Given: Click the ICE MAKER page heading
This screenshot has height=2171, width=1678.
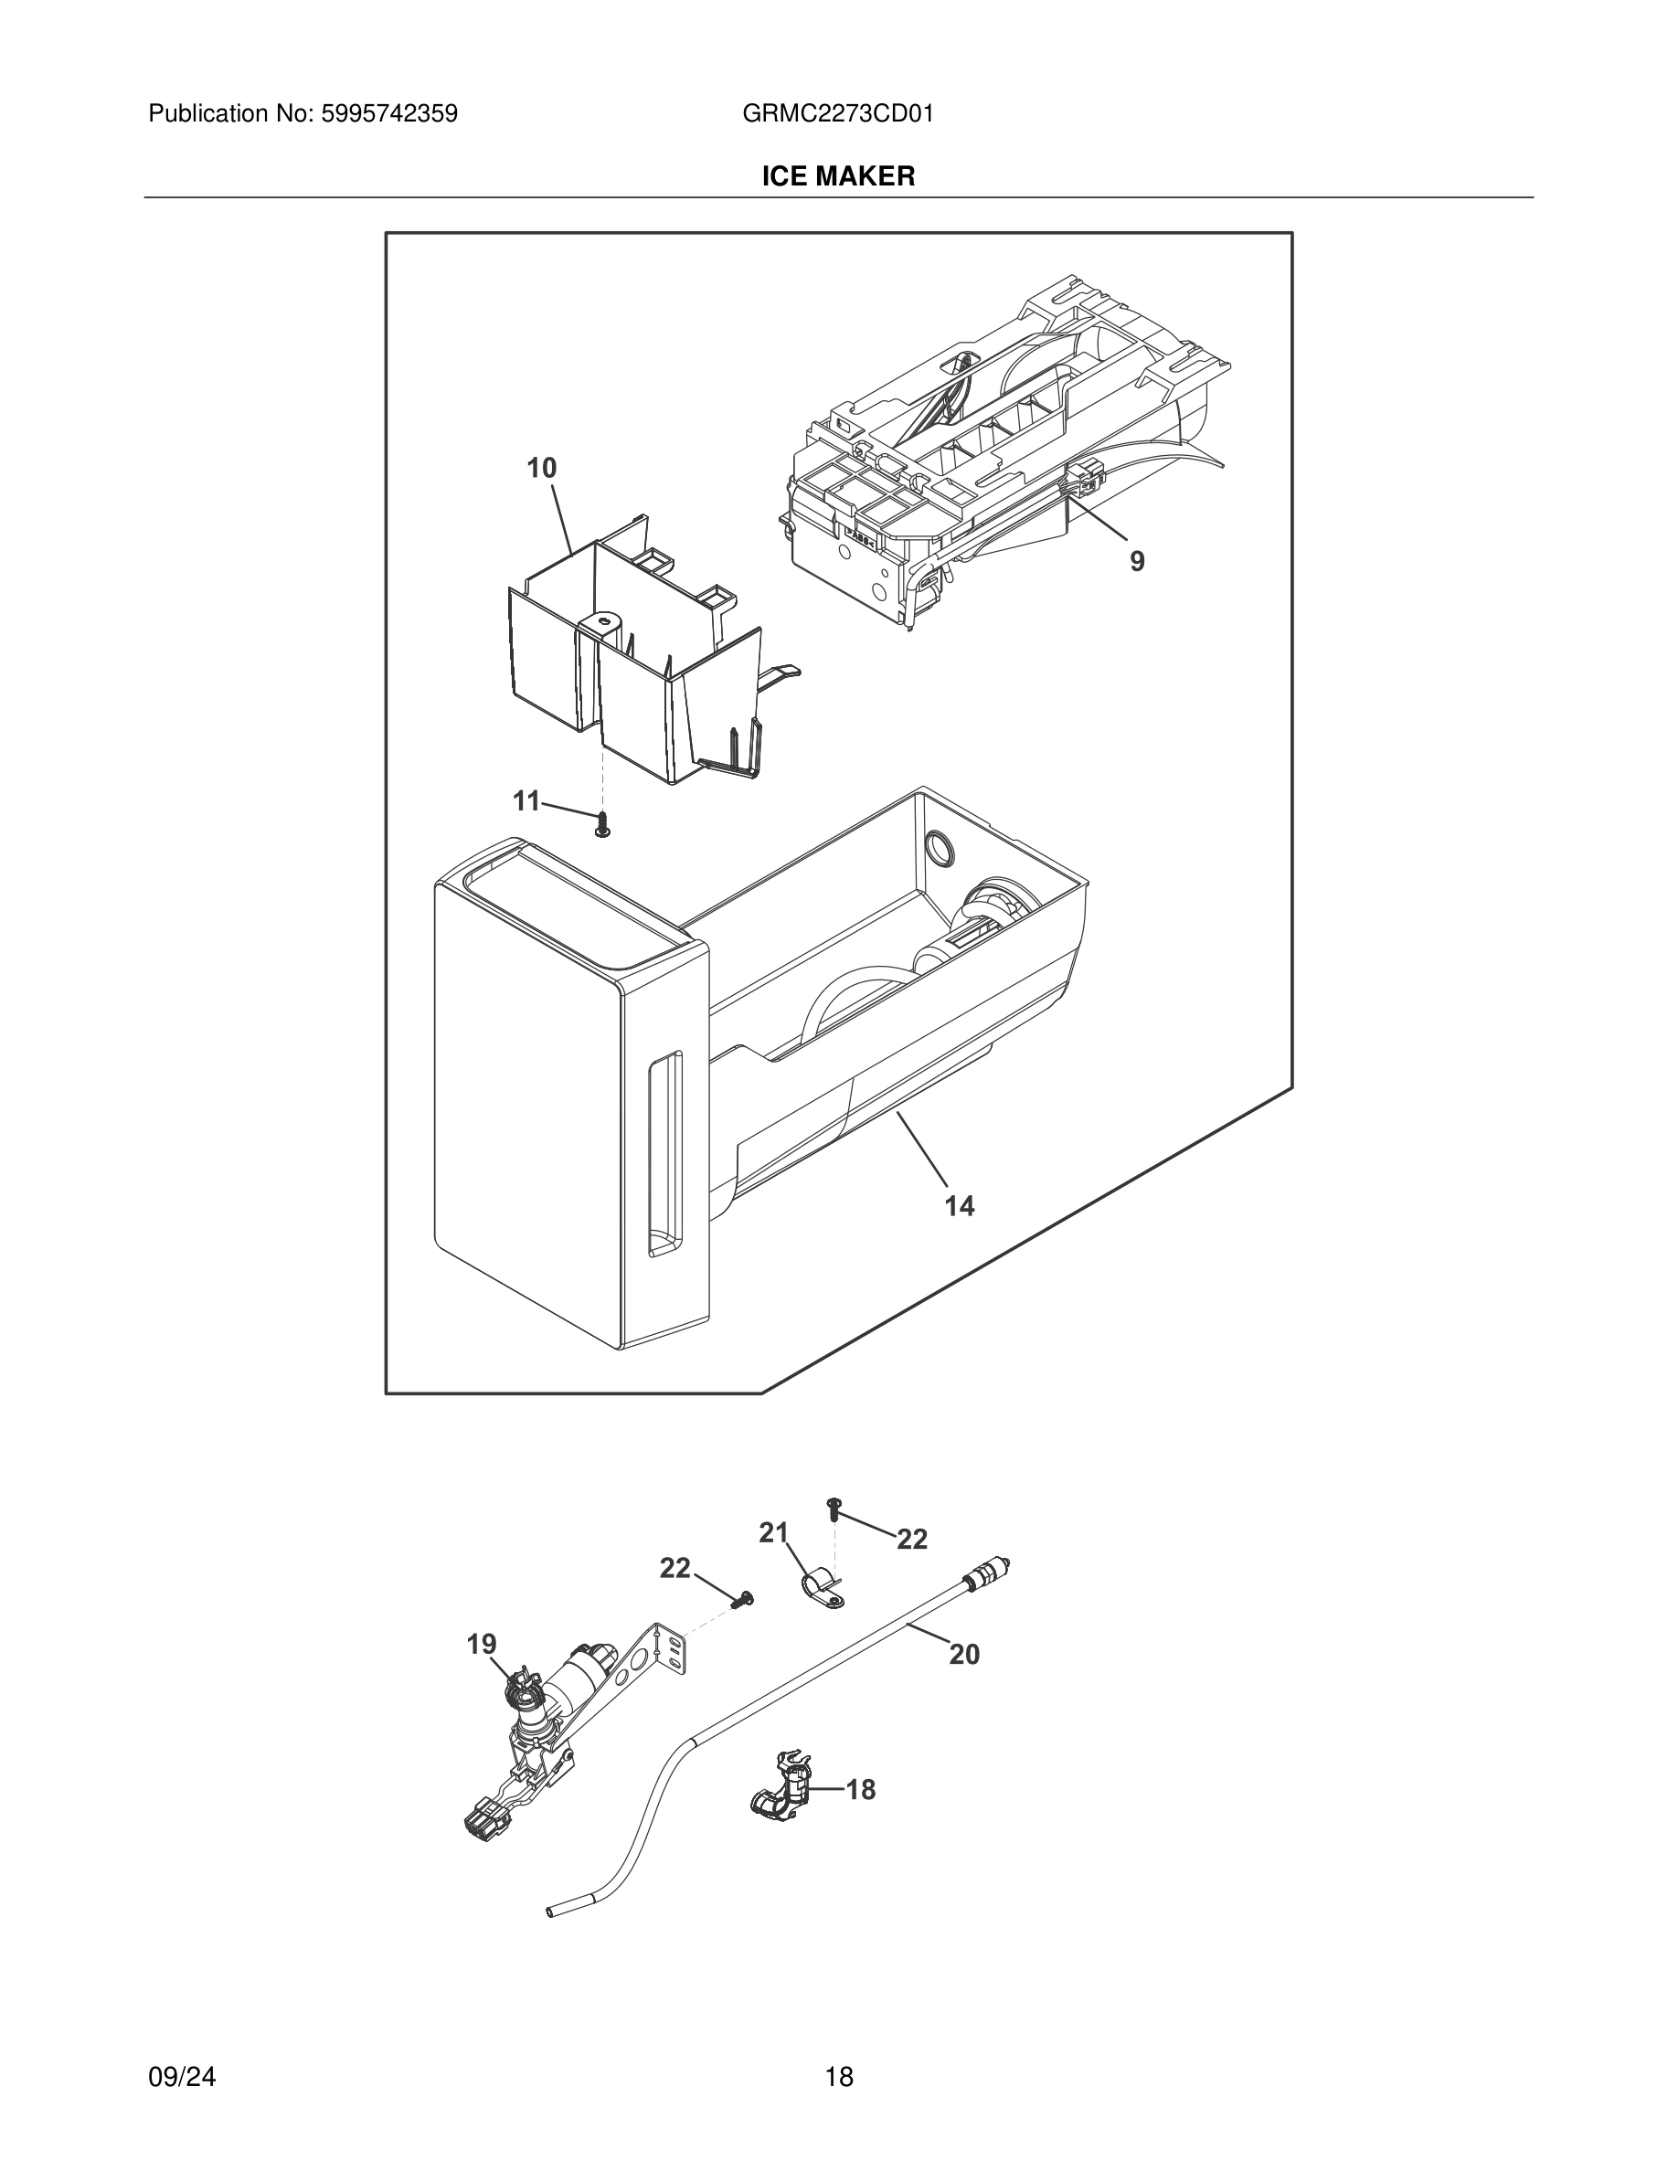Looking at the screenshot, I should pyautogui.click(x=838, y=176).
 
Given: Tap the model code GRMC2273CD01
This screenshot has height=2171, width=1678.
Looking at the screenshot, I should pyautogui.click(x=837, y=113).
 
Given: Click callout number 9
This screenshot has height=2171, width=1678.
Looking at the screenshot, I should pyautogui.click(x=1136, y=562).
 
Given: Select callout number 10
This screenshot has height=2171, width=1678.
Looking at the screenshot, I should pyautogui.click(x=541, y=467).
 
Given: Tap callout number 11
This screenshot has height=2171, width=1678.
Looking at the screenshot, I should pyautogui.click(x=526, y=800).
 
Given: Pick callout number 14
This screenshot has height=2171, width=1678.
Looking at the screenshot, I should pyautogui.click(x=960, y=1206).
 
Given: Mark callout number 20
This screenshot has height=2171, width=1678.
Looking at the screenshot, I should pyautogui.click(x=963, y=1654).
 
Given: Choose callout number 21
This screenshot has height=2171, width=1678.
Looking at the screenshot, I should pyautogui.click(x=773, y=1533).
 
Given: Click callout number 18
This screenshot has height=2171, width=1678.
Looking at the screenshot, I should pyautogui.click(x=860, y=1789).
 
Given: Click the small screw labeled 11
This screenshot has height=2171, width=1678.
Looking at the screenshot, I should pyautogui.click(x=601, y=823).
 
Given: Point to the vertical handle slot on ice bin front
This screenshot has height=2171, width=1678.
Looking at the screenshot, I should pyautogui.click(x=664, y=1153).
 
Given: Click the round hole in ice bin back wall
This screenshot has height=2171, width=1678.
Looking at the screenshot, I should pyautogui.click(x=938, y=848).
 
